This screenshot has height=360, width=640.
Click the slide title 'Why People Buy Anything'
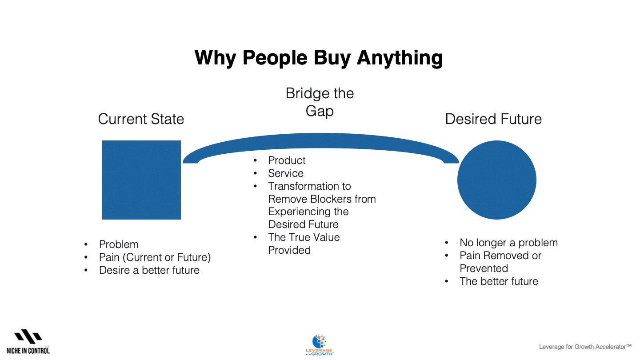pos(319,58)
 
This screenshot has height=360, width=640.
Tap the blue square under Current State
pos(141,180)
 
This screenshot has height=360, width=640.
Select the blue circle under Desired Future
pos(496,180)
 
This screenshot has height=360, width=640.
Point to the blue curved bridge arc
pos(320,140)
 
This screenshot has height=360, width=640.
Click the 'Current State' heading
pos(141,119)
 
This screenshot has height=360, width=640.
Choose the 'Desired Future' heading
pos(493,119)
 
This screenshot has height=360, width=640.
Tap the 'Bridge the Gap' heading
pos(320,102)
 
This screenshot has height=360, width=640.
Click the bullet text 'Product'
pos(287,160)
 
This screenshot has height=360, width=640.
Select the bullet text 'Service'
pos(286,173)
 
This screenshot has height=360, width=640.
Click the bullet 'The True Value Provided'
pos(304,244)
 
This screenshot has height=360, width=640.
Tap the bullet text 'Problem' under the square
pos(119,244)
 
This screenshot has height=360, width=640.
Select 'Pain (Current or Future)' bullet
pos(155,257)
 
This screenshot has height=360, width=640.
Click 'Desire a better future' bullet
pos(149,270)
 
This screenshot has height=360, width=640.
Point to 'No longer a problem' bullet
pos(508,243)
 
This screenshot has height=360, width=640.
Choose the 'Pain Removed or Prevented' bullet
pos(500,262)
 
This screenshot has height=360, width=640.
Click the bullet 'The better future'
pos(499,281)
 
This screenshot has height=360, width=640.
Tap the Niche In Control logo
pos(28,341)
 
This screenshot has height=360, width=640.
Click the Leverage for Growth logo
pos(319,345)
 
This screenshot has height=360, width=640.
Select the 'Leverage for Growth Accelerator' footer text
pos(585,347)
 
